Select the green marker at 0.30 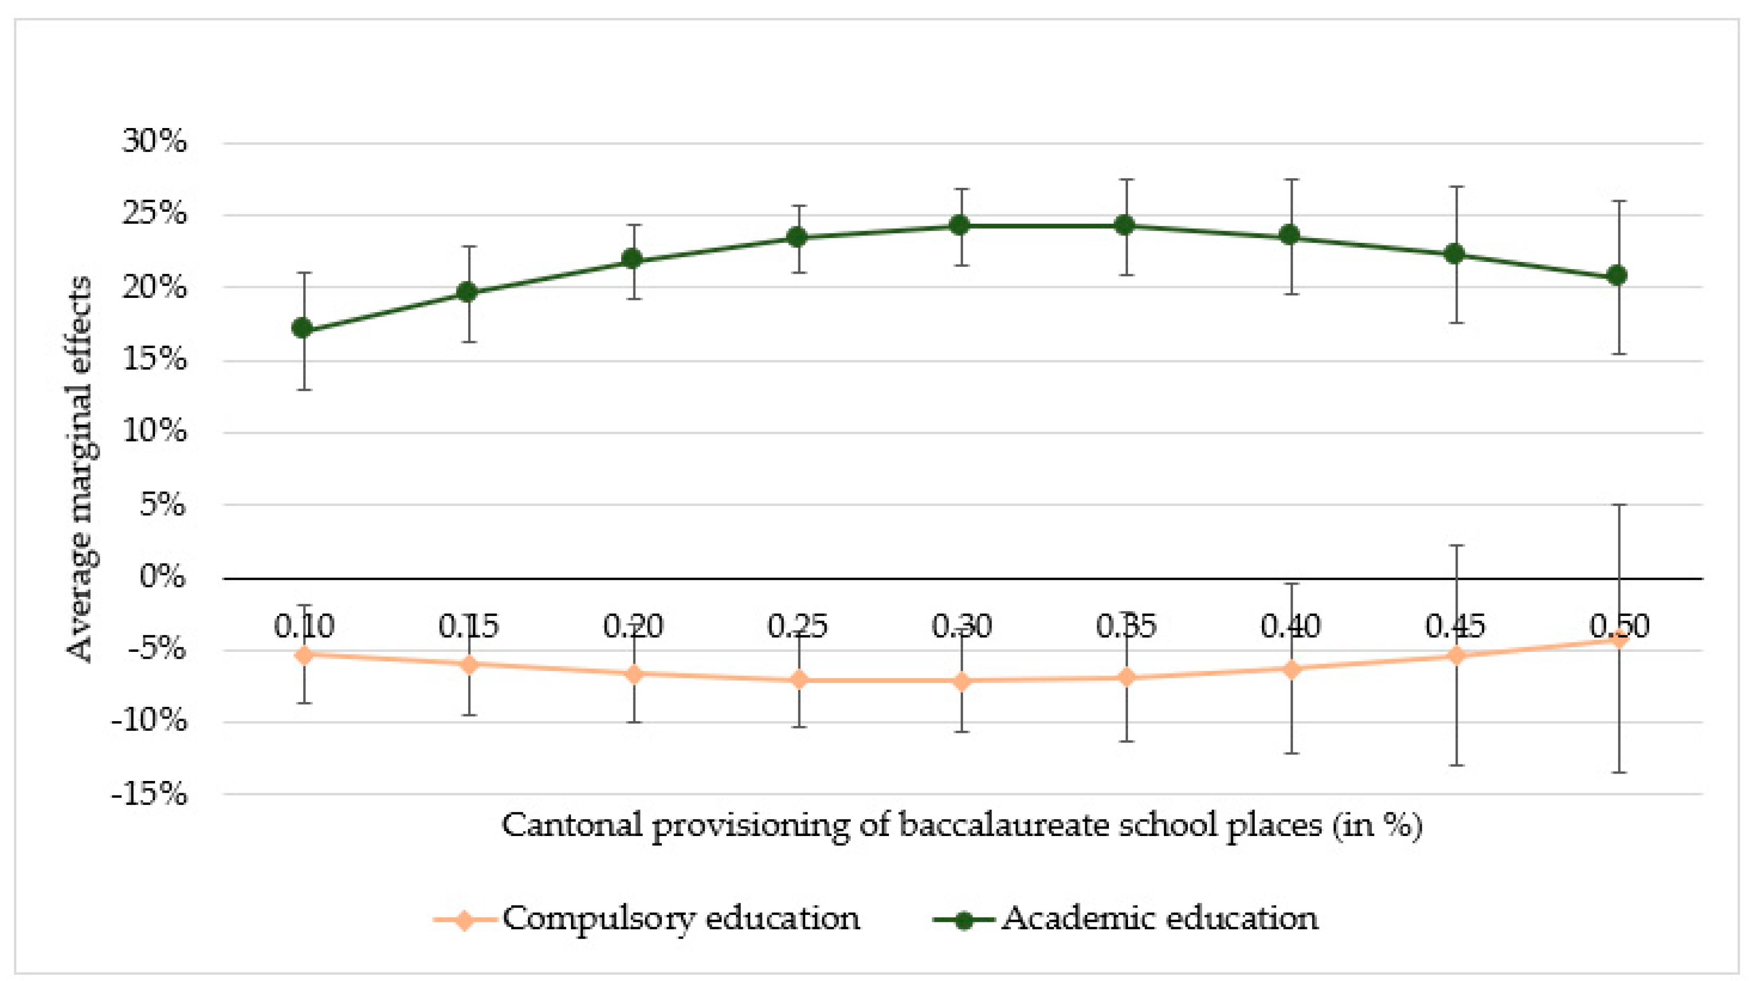coord(960,225)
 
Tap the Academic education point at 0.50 coord(1617,275)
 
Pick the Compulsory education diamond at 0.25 coord(799,679)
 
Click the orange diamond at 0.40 coord(1291,669)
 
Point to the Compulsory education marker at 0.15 coord(469,664)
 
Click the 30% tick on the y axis coord(154,142)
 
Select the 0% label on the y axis coord(162,577)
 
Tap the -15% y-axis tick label coord(149,794)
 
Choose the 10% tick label coord(154,431)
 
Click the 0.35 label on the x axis coord(1125,626)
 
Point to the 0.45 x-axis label coord(1455,626)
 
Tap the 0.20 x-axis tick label coord(633,626)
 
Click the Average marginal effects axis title coord(80,469)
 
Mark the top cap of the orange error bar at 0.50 coord(1618,505)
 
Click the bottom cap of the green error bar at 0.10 coord(304,389)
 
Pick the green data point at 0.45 coord(1454,253)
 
